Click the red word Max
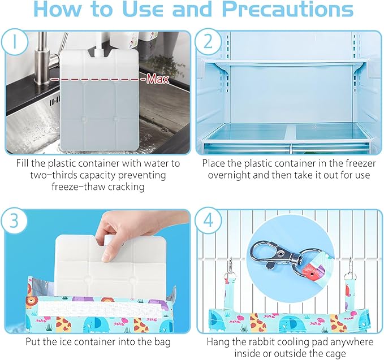tap(158, 79)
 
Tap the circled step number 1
tap(15, 42)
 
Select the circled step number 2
tap(208, 42)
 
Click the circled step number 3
tap(15, 220)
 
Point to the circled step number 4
tap(208, 220)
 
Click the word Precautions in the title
tap(288, 9)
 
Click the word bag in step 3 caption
tap(162, 342)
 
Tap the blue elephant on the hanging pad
tap(291, 324)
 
